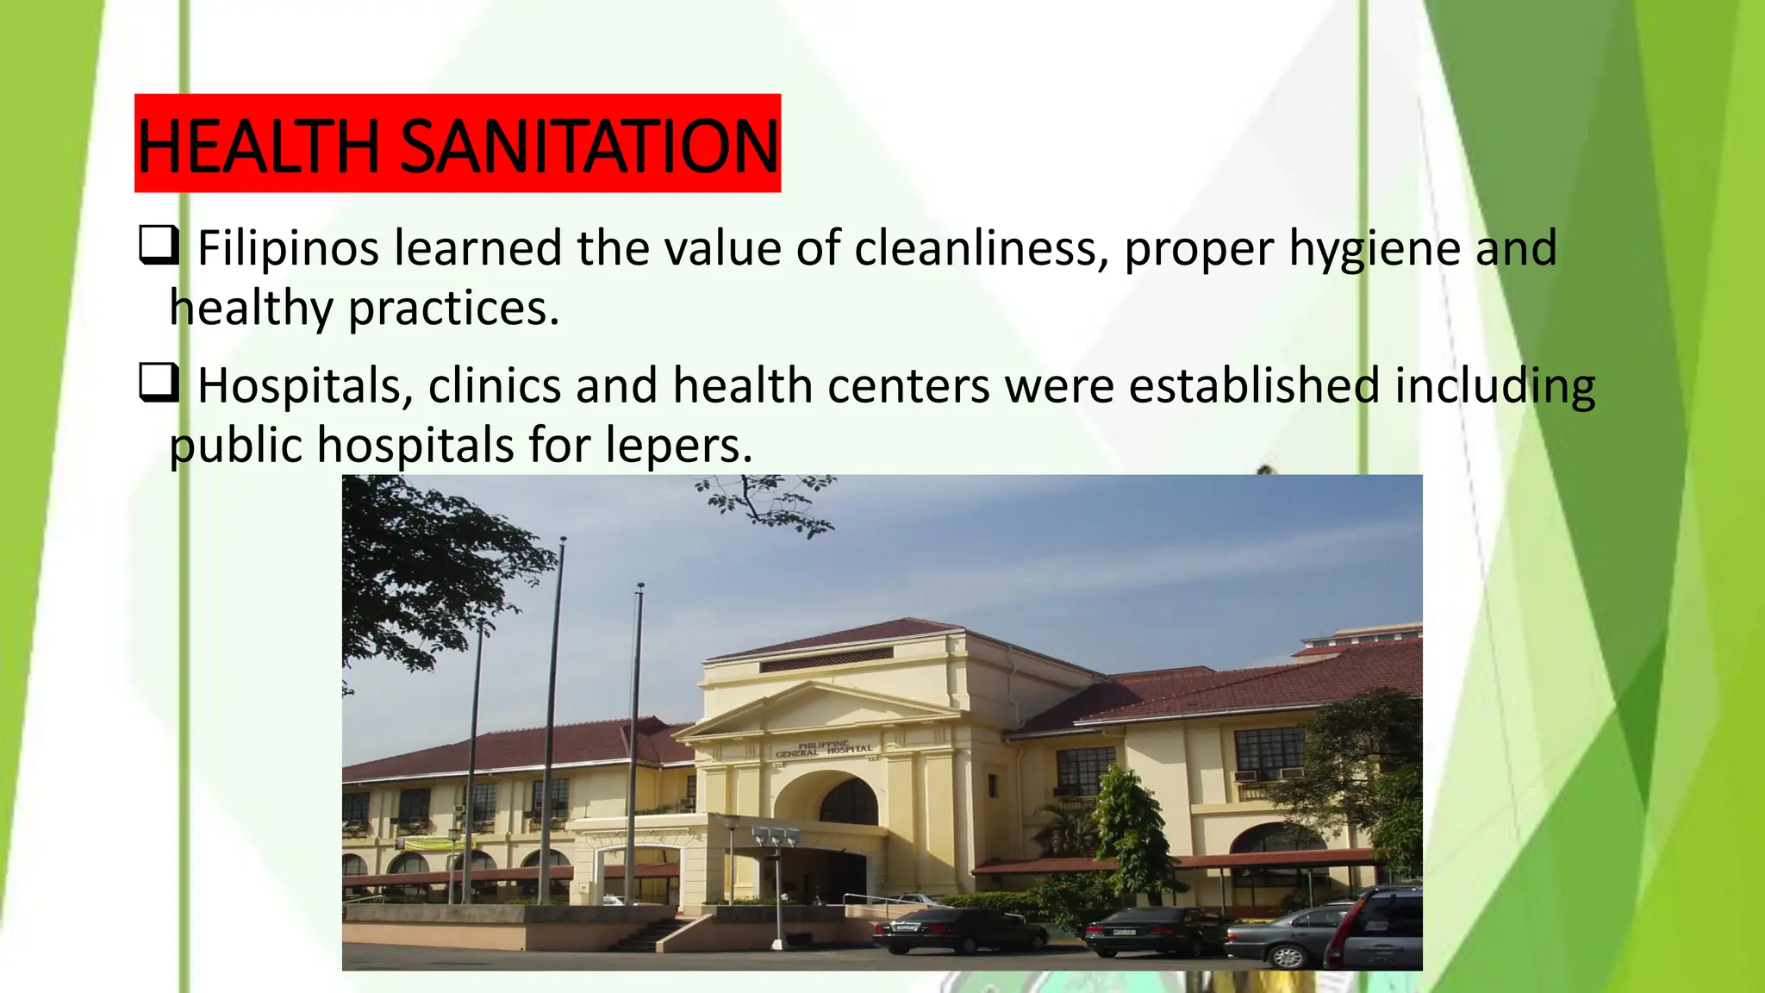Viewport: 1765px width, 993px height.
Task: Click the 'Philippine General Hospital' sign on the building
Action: tap(824, 749)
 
